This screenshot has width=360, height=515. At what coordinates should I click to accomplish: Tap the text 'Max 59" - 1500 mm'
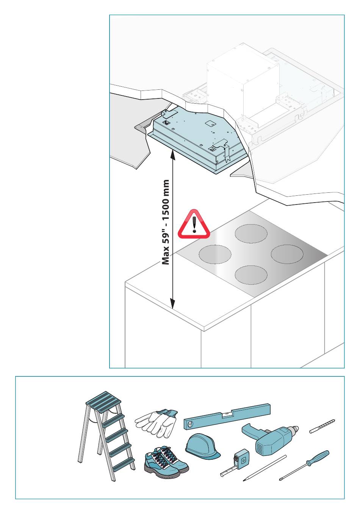pos(166,222)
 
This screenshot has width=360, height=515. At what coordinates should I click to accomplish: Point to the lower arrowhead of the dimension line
pos(172,303)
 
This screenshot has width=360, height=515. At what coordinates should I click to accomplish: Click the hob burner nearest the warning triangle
pos(215,254)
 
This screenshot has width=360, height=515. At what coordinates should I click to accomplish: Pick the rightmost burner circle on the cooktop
pos(287,254)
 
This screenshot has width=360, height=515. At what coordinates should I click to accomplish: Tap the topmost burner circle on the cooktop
pos(251,234)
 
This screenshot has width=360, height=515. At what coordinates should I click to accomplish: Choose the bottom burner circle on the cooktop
pos(251,275)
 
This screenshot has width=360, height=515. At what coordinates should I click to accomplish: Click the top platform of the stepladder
pos(100,400)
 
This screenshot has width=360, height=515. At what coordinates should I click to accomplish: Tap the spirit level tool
pos(227,417)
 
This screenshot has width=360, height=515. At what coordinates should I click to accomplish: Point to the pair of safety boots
pos(166,463)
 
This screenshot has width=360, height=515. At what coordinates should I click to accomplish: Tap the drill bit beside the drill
pos(322,426)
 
